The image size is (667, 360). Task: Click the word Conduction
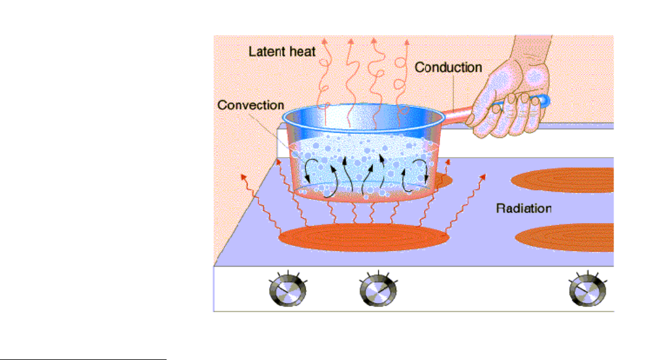click(x=448, y=67)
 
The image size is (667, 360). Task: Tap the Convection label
click(x=250, y=105)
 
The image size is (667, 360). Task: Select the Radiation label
click(x=524, y=208)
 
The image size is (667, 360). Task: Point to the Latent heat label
click(x=281, y=52)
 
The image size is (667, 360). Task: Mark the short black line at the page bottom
click(x=83, y=359)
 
